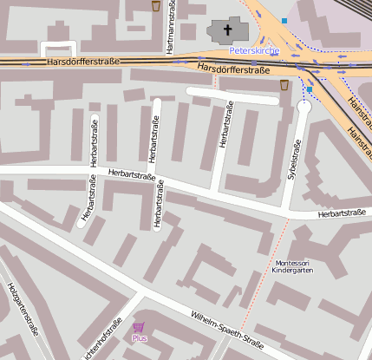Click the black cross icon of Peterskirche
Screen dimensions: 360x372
(x=229, y=31)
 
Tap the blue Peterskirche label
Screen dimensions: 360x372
(x=254, y=51)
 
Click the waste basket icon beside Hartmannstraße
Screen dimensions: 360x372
(x=156, y=6)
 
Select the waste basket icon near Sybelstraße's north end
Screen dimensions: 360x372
(x=285, y=85)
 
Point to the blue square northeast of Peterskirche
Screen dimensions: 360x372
(x=284, y=20)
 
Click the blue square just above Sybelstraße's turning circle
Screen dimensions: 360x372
(x=310, y=88)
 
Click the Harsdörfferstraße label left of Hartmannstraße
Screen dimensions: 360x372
(x=83, y=62)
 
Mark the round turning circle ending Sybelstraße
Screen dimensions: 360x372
(x=303, y=106)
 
